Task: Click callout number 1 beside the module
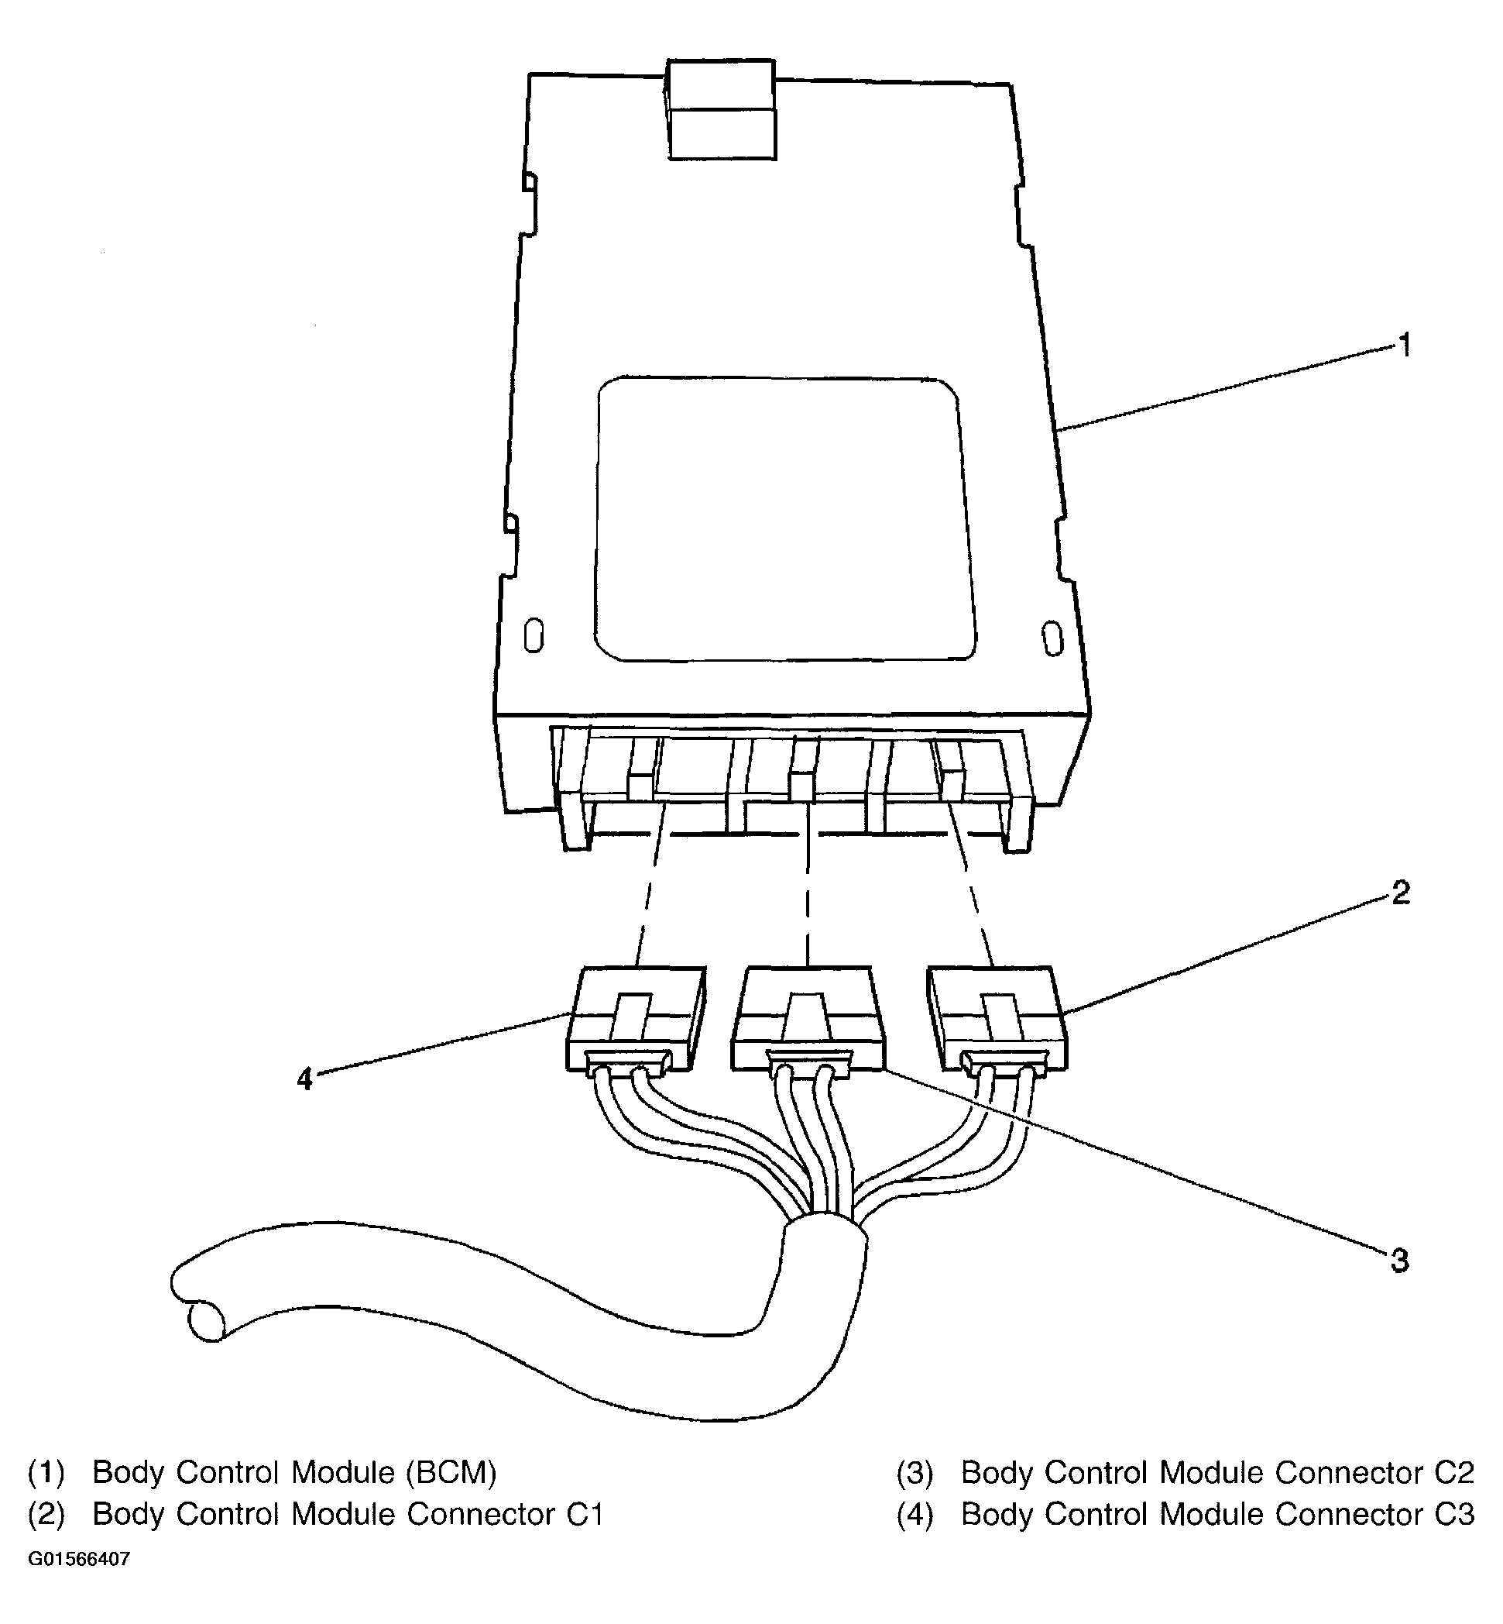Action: coord(1404,346)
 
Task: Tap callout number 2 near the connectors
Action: coord(1401,893)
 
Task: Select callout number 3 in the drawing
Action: coord(1399,1261)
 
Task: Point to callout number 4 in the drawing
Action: coord(304,1079)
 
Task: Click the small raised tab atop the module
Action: coord(721,109)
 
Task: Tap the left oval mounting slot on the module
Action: coord(534,635)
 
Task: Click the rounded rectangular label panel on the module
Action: coord(784,518)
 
